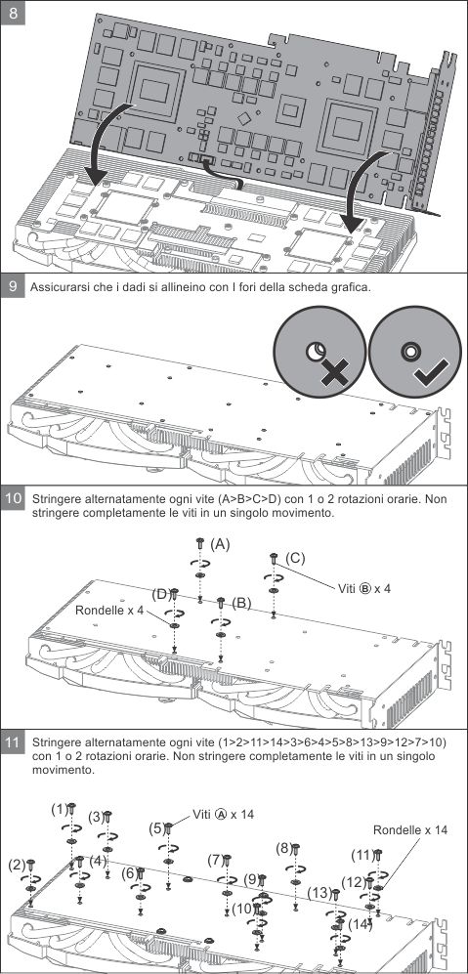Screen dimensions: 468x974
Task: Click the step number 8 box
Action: (x=13, y=13)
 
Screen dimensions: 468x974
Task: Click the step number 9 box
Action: (x=13, y=286)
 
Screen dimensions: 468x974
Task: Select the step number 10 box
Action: (x=13, y=498)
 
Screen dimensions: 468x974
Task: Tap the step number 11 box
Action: (x=13, y=741)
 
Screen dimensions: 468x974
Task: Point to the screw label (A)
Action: (x=220, y=544)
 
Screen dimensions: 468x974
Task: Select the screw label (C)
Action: (x=295, y=558)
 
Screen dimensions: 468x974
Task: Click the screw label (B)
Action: (x=241, y=602)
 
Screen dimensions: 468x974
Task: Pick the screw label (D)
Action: (x=161, y=595)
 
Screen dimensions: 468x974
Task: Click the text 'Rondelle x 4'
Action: (x=109, y=610)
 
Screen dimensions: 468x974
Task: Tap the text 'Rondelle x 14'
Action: (x=410, y=829)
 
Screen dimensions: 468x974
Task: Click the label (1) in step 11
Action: (x=59, y=810)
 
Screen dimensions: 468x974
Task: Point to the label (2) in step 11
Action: (x=18, y=864)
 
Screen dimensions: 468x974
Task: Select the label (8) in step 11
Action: (x=283, y=848)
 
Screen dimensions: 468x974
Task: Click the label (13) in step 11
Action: (x=319, y=893)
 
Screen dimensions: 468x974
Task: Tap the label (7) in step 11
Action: (x=215, y=861)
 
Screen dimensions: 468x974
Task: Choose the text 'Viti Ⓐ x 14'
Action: (x=223, y=814)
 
